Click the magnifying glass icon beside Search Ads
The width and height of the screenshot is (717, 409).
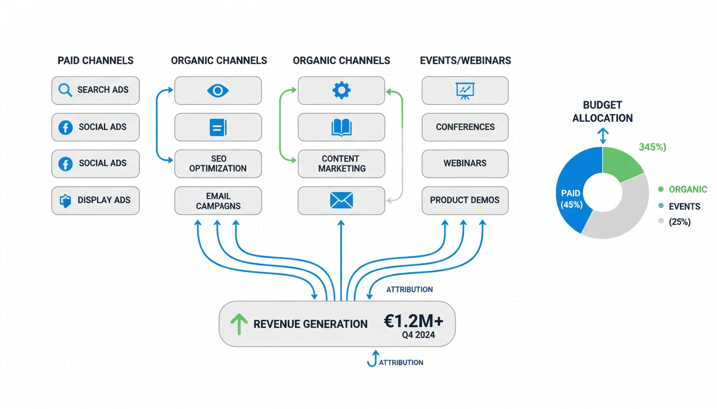pos(65,90)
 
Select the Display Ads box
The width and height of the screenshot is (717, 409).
pos(95,200)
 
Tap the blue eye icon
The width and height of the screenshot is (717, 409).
pos(218,90)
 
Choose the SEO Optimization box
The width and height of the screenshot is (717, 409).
pos(218,163)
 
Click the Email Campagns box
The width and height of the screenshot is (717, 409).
pos(218,201)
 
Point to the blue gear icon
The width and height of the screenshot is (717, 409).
pos(341,90)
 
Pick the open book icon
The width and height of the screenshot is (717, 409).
pos(341,127)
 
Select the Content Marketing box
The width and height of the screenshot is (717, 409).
pos(341,163)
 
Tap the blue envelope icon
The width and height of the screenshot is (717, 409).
pos(341,201)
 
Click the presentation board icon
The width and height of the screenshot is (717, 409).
pos(465,90)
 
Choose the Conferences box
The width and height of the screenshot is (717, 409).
pos(465,127)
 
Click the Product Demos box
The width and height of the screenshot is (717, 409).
pos(465,201)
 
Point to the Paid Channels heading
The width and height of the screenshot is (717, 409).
pos(95,60)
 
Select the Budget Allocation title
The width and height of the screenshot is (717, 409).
pos(602,111)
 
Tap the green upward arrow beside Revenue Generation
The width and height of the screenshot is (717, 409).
pos(238,324)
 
